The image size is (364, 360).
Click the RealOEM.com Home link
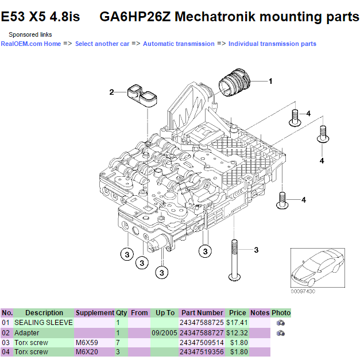coord(30,44)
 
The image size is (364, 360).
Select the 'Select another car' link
coord(102,44)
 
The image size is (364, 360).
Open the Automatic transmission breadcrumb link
coord(179,44)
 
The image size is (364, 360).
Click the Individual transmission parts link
coord(272,44)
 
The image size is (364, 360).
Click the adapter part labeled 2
coord(143,98)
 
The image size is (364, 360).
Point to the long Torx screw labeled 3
coord(234,258)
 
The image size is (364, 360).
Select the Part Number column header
coord(202,313)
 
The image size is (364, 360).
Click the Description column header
coord(44,313)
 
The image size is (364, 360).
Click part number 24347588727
coord(202,332)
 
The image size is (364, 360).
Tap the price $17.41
coord(237,323)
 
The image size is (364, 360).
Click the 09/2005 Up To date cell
coord(165,332)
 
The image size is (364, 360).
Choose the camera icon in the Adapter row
coord(281,332)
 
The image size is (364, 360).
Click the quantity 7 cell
coord(118,342)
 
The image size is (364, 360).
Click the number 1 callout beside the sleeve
coord(270,82)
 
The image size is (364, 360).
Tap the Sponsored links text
coord(30,34)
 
